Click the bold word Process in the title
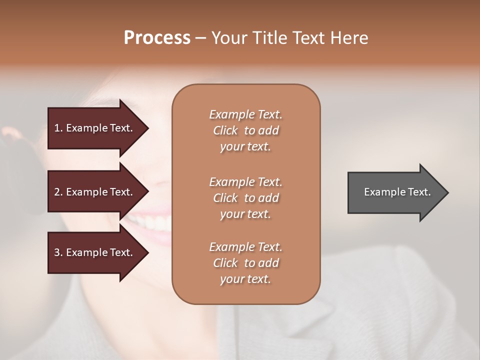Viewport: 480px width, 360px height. coord(157,38)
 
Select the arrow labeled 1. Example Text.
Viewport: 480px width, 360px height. coord(95,128)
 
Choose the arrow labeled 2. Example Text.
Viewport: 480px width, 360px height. coord(95,192)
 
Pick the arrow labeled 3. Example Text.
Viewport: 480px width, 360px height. coord(95,252)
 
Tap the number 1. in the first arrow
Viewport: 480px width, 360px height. coord(58,128)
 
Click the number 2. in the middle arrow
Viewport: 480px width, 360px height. coord(58,192)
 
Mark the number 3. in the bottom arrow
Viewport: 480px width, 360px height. coord(58,252)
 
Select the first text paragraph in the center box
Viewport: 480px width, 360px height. coord(245,130)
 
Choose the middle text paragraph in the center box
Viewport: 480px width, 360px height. coord(245,198)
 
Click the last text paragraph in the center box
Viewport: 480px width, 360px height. coord(245,263)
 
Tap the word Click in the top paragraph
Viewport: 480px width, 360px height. coord(225,130)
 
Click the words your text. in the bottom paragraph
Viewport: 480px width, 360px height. coord(245,279)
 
